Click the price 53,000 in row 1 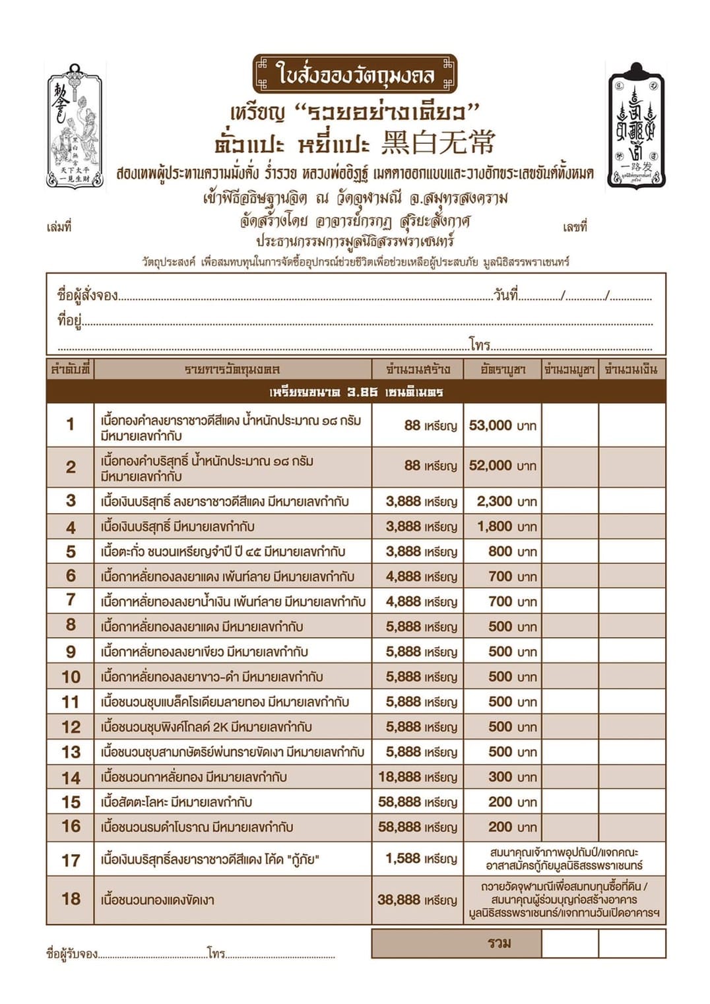(490, 425)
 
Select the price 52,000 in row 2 (490, 466)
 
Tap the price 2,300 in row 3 (494, 501)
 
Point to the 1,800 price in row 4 (494, 526)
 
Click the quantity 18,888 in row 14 (399, 777)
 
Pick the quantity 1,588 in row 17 (403, 858)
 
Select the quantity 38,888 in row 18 (399, 900)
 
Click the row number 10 (71, 677)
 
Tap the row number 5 (71, 551)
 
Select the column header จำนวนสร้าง (418, 369)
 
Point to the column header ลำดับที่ (70, 369)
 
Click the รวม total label (500, 943)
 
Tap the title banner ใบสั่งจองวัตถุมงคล (355, 74)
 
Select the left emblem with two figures (75, 125)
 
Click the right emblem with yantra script (635, 125)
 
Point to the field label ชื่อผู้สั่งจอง (88, 295)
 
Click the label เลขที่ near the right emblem (575, 228)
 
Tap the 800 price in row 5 (500, 551)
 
